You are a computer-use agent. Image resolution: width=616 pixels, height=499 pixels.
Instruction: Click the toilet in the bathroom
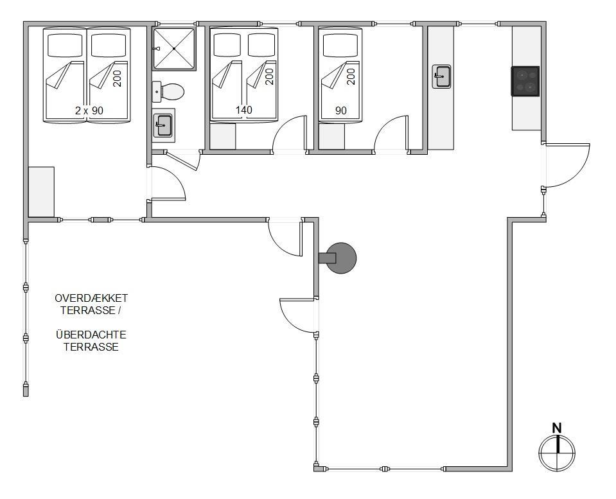[x=172, y=92]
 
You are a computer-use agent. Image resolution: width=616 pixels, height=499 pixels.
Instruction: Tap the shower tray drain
[x=174, y=48]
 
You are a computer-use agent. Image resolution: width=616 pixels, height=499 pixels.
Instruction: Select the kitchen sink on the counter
[x=441, y=76]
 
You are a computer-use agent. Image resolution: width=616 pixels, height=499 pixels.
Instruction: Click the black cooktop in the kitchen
[x=525, y=82]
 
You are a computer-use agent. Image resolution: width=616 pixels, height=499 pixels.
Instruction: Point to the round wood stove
[x=341, y=258]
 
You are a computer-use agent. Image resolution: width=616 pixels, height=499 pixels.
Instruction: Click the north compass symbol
[x=557, y=453]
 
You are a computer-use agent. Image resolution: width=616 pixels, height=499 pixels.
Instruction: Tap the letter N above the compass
[x=557, y=428]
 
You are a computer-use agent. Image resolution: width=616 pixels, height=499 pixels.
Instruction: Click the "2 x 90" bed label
[x=89, y=110]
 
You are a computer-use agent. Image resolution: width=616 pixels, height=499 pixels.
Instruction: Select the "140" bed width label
[x=243, y=110]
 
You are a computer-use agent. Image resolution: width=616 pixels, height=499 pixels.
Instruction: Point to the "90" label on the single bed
[x=341, y=110]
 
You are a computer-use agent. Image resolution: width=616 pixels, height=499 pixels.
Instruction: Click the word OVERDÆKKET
[x=91, y=298]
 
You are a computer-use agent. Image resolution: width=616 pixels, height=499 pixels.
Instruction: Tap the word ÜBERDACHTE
[x=91, y=335]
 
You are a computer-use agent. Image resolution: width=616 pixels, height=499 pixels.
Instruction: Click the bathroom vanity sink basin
[x=163, y=125]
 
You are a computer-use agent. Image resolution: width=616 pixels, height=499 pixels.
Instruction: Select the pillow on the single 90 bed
[x=340, y=46]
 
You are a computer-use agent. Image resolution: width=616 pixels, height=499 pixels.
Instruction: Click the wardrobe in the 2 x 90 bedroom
[x=41, y=192]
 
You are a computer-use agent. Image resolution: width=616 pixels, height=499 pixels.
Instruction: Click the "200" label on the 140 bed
[x=268, y=76]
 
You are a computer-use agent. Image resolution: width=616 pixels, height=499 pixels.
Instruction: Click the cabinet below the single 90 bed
[x=331, y=136]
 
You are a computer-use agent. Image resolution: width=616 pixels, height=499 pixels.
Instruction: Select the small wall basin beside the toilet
[x=156, y=92]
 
